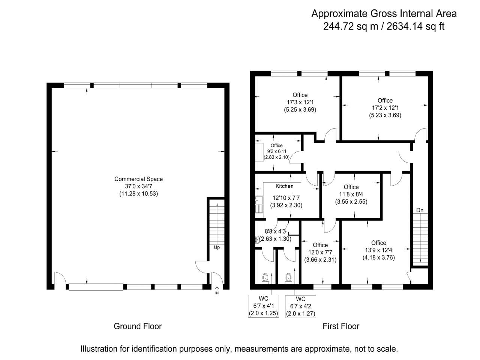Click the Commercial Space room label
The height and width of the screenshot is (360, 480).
point(138,179)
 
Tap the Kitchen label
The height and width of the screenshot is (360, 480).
point(284,186)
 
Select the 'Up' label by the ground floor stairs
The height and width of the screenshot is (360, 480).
point(217,247)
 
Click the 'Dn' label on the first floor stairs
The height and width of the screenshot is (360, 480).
point(420,210)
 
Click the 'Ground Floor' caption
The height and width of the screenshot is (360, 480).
point(138,326)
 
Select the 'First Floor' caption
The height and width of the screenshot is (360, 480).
point(341,326)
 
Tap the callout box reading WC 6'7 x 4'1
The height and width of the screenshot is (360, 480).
point(263,306)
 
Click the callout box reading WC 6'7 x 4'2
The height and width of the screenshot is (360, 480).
point(300,306)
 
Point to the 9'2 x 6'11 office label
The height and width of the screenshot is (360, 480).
point(276,151)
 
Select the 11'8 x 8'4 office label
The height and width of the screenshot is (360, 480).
point(351,194)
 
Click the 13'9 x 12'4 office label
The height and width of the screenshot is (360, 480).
point(378,250)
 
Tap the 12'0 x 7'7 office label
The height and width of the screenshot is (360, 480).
point(320,252)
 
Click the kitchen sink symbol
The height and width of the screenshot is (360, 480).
point(259,204)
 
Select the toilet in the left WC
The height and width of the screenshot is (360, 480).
point(265,278)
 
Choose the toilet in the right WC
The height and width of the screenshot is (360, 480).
point(288,278)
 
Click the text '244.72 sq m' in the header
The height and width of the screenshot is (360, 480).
point(345,26)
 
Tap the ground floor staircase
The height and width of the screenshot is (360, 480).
point(217,221)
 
